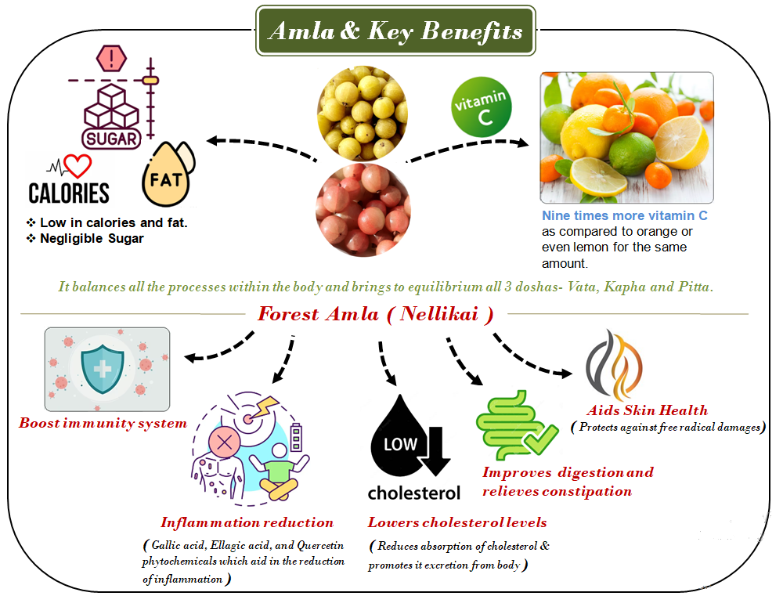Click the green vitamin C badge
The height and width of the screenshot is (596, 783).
click(482, 107)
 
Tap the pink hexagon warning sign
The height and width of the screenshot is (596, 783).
click(111, 58)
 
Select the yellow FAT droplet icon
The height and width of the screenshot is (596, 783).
click(166, 175)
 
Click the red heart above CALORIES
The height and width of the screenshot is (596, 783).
click(78, 166)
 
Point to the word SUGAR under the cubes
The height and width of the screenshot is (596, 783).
click(111, 139)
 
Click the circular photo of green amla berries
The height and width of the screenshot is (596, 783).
click(363, 113)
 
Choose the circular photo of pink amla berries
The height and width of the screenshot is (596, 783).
click(363, 210)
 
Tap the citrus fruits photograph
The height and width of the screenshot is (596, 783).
click(626, 137)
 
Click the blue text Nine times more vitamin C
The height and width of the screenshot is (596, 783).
click(625, 215)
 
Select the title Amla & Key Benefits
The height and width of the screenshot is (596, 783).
click(395, 31)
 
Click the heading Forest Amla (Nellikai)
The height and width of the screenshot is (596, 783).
click(376, 314)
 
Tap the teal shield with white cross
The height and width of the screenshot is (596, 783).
click(103, 369)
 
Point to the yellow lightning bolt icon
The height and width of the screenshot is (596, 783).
click(264, 406)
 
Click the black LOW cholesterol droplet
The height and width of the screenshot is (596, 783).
click(401, 437)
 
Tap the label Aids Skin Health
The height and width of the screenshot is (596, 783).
click(648, 410)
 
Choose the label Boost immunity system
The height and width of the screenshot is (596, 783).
click(103, 423)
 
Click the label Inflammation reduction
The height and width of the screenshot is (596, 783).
click(247, 522)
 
